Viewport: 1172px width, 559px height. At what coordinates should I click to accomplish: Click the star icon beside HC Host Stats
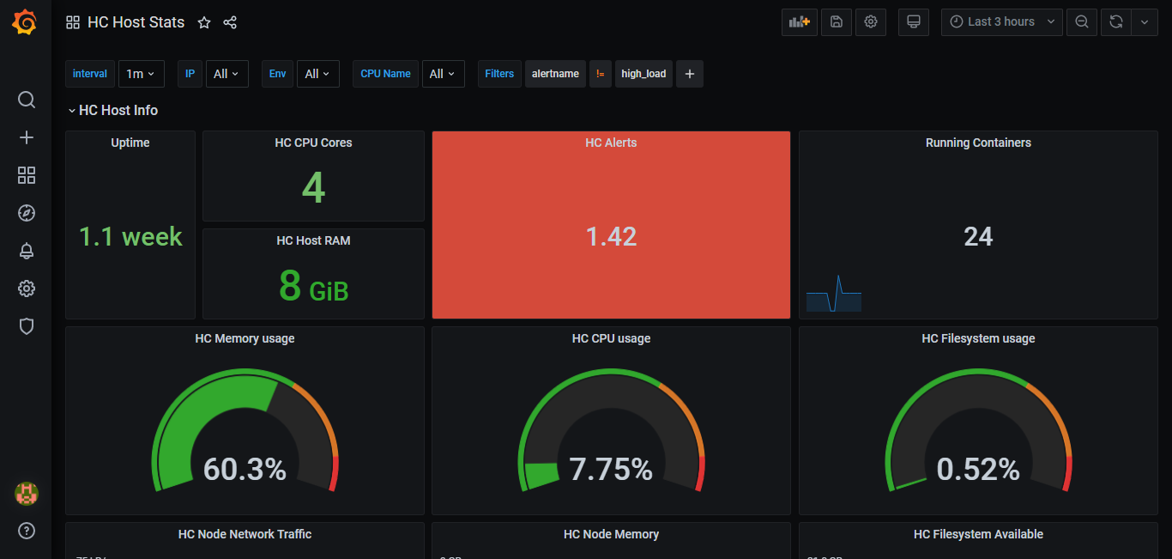click(204, 22)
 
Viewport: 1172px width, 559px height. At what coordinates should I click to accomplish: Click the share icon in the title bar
click(230, 22)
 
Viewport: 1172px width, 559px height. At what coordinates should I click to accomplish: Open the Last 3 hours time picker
click(1001, 22)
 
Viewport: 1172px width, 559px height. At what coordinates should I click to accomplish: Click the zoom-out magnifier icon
click(1082, 22)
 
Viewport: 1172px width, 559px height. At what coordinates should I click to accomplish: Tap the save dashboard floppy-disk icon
click(837, 22)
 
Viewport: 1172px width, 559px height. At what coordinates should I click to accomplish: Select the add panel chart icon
click(800, 22)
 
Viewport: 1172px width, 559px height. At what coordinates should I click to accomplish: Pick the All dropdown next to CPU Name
click(443, 74)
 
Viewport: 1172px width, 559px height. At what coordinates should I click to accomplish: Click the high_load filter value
click(643, 74)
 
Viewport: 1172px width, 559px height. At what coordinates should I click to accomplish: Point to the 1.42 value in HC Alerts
click(611, 237)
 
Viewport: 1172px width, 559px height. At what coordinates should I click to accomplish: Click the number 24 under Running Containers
click(978, 237)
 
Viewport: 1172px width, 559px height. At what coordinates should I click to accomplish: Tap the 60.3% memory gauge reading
click(245, 469)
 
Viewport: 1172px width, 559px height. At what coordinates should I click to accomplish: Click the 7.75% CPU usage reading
click(611, 469)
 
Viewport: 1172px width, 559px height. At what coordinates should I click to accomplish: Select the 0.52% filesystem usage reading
click(978, 469)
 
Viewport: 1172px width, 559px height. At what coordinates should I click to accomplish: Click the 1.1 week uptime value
click(130, 237)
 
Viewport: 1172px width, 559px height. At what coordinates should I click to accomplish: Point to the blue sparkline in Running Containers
click(834, 294)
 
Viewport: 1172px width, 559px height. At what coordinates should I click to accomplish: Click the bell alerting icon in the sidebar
click(27, 251)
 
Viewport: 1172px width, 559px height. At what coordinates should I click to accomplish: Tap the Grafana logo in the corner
click(25, 22)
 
